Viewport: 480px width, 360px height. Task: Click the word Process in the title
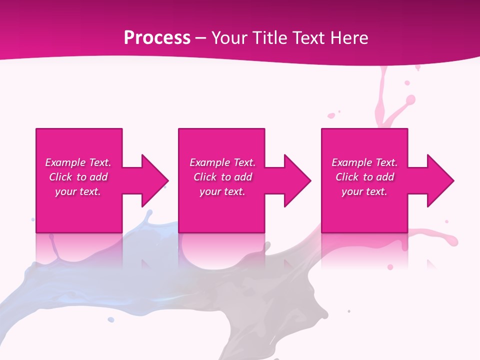[x=157, y=37]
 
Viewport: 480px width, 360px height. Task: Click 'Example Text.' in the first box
[x=78, y=162]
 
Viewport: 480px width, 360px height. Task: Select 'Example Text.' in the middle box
[x=222, y=162]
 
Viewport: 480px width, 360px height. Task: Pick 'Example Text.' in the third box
[x=364, y=162]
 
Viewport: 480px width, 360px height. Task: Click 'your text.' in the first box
[x=78, y=191]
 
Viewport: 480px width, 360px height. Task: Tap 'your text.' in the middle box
[x=222, y=191]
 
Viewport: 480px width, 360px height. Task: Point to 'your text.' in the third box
[x=364, y=191]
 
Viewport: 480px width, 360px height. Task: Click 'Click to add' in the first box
[x=78, y=177]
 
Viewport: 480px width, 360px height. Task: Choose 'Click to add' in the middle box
[x=222, y=177]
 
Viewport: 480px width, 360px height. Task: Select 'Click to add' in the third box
[x=364, y=177]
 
